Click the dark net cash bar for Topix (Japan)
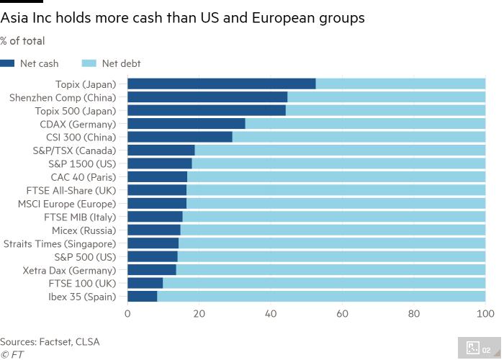[221, 84]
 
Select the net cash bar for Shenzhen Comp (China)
[207, 97]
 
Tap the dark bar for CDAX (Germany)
[186, 124]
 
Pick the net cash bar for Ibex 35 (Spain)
[142, 296]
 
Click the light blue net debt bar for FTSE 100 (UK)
[324, 283]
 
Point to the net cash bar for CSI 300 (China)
[180, 137]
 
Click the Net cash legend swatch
[7, 63]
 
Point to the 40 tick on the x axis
[271, 314]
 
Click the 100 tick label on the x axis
[485, 314]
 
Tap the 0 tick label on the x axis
[127, 314]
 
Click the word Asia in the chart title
[14, 18]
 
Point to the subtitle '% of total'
[22, 41]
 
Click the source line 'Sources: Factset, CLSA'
[50, 341]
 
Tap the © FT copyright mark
[12, 354]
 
